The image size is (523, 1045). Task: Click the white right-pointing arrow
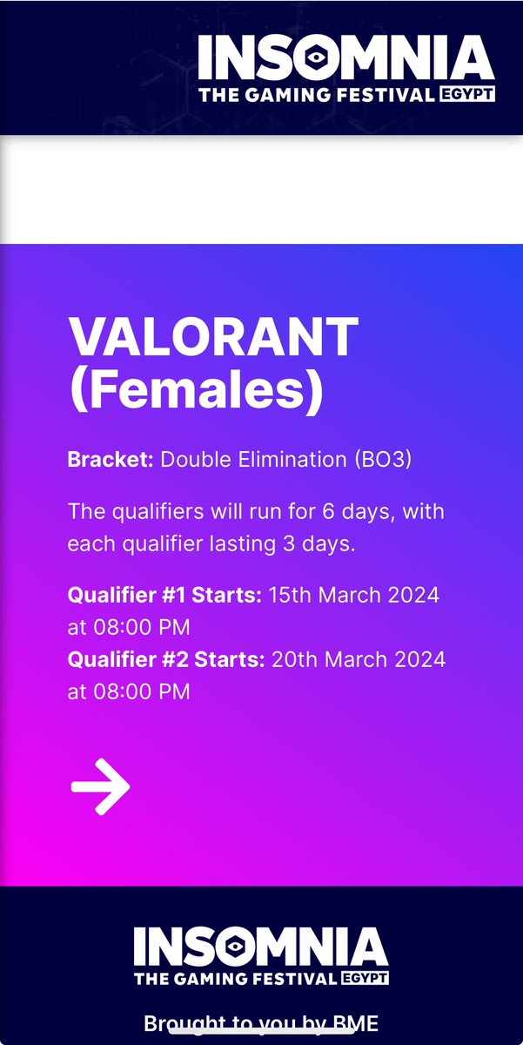[x=100, y=786]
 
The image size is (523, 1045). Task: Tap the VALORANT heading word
[x=212, y=337]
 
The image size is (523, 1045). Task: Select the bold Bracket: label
[x=111, y=460]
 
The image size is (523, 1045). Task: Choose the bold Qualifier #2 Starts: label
[x=165, y=659]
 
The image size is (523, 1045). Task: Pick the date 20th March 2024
[x=358, y=659]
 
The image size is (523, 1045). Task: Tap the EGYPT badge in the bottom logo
[x=364, y=978]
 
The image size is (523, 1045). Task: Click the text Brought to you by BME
[x=261, y=1022]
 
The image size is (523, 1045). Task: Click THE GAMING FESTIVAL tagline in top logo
[x=316, y=94]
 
